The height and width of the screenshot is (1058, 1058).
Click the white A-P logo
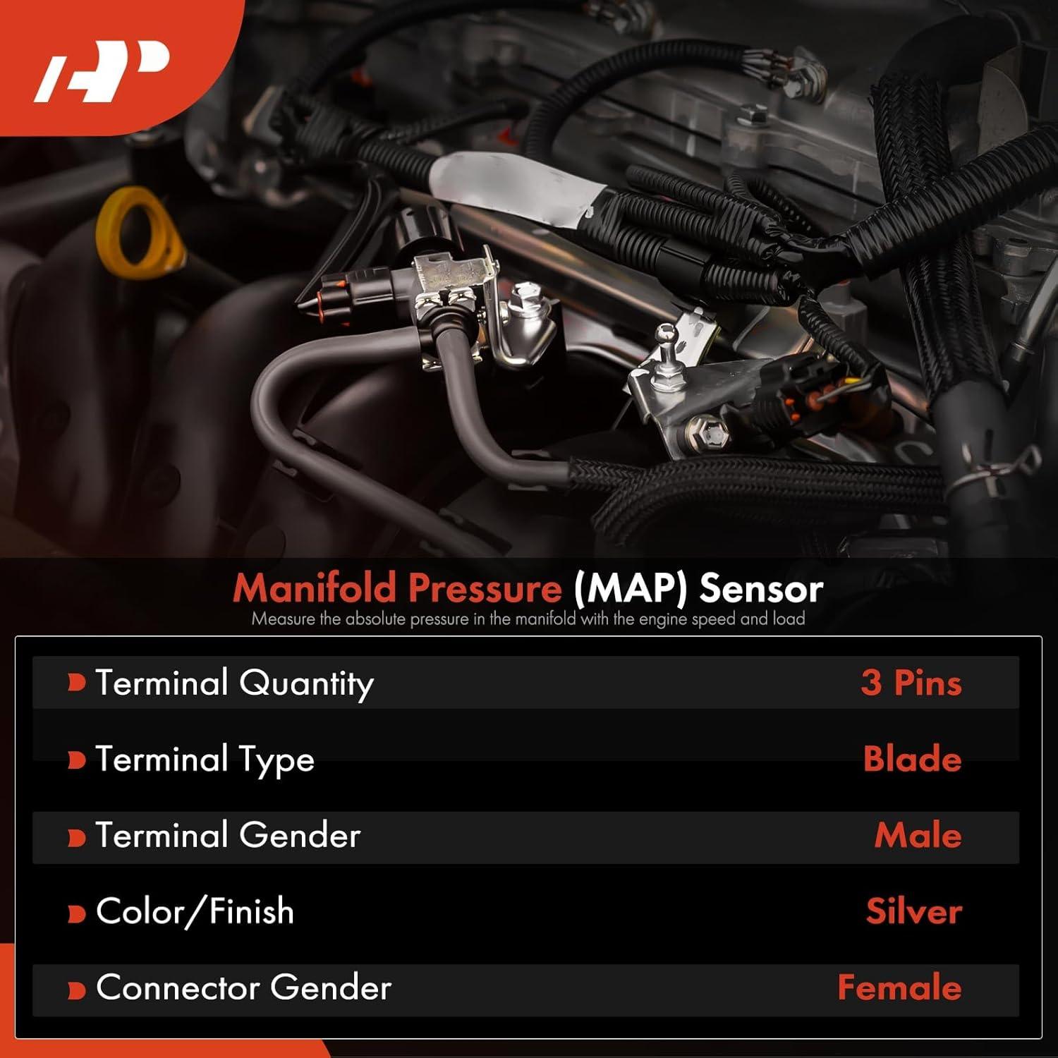[102, 71]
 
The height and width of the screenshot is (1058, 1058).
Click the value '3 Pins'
[911, 683]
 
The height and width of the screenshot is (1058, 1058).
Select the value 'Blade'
[912, 759]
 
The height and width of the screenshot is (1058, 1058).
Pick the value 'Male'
[918, 835]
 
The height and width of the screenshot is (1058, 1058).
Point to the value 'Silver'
[913, 911]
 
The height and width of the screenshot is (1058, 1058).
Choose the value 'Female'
[899, 987]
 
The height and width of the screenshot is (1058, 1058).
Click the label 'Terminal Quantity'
[234, 683]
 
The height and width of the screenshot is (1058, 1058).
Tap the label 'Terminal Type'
[205, 760]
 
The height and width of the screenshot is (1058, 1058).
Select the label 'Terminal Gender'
[228, 835]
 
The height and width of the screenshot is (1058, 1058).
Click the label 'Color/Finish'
[195, 911]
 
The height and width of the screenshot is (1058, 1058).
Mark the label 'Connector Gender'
[243, 987]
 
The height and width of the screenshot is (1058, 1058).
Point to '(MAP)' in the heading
[630, 588]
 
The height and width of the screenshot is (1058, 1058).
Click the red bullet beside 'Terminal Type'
[76, 760]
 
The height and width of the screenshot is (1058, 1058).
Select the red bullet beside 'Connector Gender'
[76, 989]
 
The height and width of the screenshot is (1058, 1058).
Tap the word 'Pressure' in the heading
[485, 588]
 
